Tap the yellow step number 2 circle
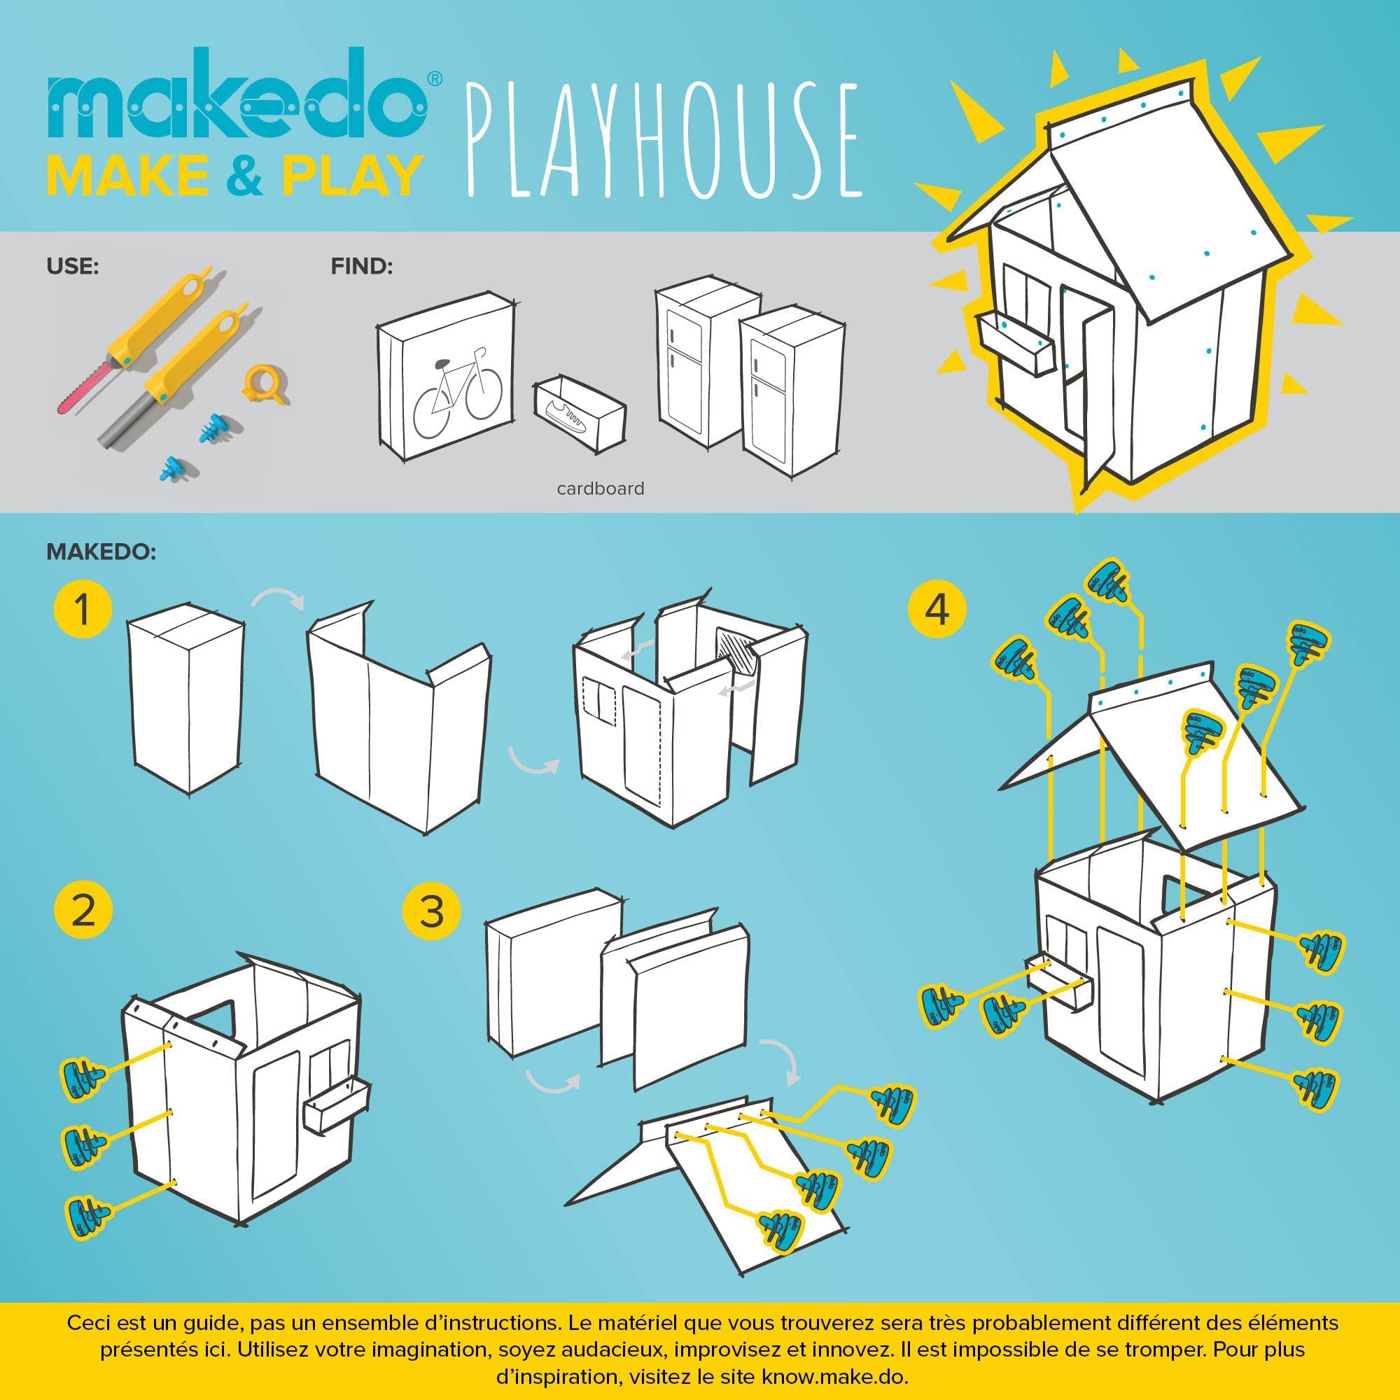[x=83, y=911]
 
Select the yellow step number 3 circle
[x=432, y=911]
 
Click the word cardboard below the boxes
[x=600, y=489]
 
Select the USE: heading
[x=73, y=267]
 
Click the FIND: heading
[x=362, y=267]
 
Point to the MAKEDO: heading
[x=101, y=552]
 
